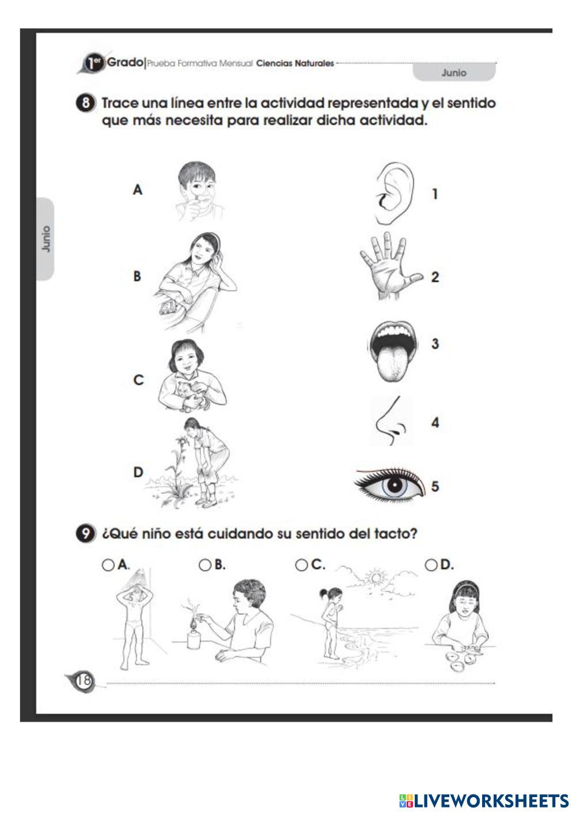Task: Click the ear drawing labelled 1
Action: click(395, 193)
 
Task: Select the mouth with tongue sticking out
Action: click(392, 351)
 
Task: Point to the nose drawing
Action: click(391, 421)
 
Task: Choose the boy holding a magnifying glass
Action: click(199, 192)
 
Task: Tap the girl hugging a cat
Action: click(191, 376)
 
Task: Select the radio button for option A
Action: click(108, 565)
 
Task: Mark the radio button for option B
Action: click(205, 565)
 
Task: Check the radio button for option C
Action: click(301, 565)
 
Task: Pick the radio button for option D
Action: click(431, 565)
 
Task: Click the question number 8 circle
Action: click(86, 103)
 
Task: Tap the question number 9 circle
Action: click(86, 534)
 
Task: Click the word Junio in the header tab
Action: click(454, 73)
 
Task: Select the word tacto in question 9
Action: click(394, 534)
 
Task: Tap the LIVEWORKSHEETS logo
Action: click(484, 801)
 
